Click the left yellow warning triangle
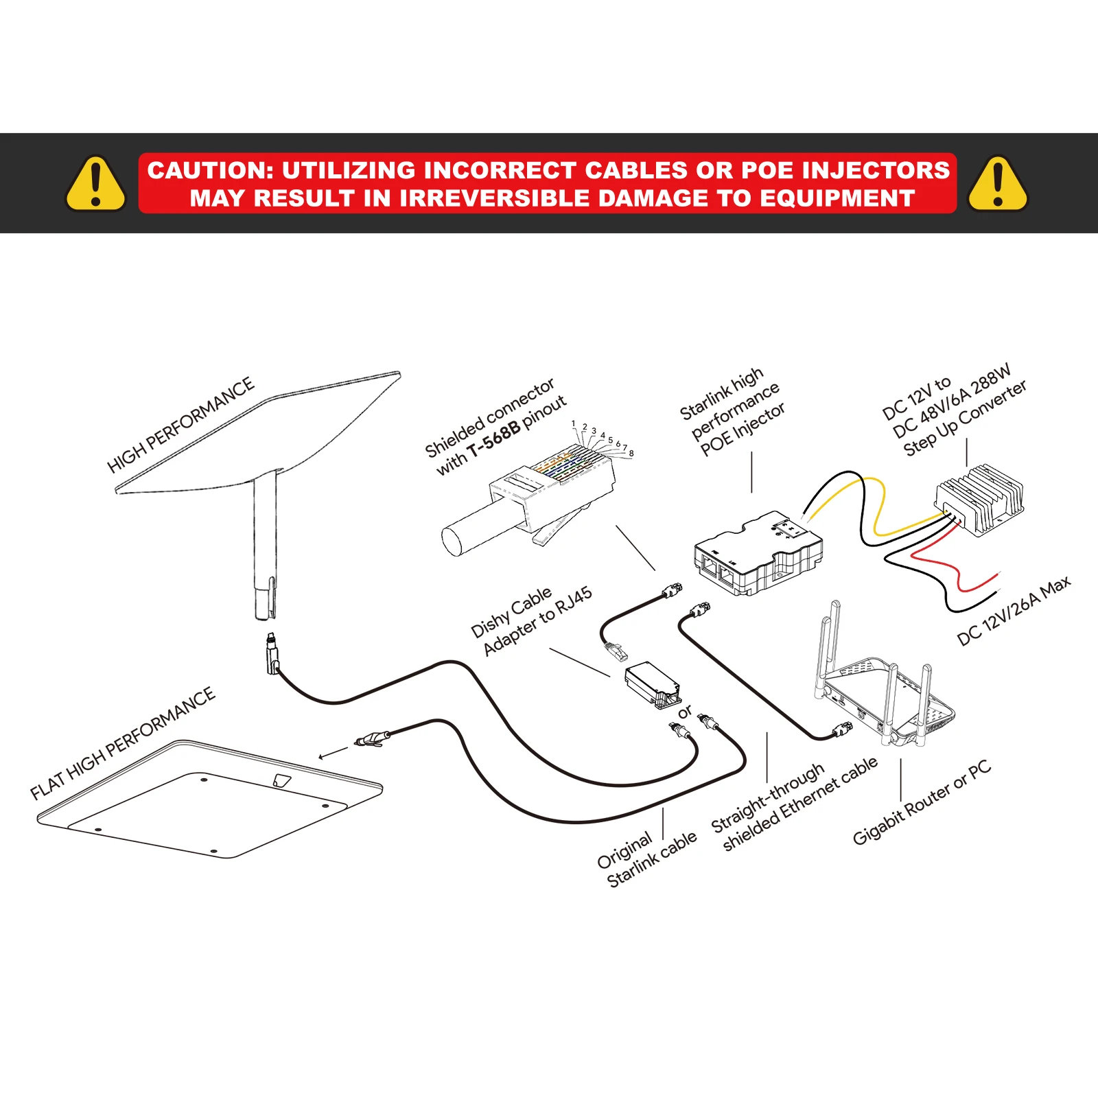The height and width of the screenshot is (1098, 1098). [96, 183]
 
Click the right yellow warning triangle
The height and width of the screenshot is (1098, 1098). [998, 183]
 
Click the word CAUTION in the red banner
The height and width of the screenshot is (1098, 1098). [210, 170]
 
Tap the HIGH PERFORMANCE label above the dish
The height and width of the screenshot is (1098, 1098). [180, 425]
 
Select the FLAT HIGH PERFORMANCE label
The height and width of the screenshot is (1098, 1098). [123, 744]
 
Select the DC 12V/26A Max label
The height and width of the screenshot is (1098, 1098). [1014, 611]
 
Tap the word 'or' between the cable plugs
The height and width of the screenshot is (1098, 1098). [684, 712]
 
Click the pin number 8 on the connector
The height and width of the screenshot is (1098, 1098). [631, 454]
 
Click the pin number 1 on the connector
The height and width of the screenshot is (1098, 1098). [574, 424]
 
